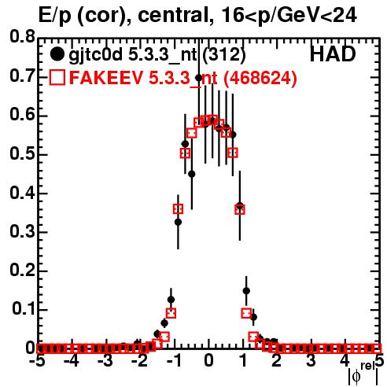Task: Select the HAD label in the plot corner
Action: tap(333, 54)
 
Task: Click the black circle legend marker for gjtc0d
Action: tap(57, 54)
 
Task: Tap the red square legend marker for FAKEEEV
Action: tap(57, 77)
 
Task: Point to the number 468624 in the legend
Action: tap(260, 78)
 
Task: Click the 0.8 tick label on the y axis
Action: tap(23, 37)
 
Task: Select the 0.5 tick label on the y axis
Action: tap(23, 154)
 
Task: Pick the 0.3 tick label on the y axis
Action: tap(23, 232)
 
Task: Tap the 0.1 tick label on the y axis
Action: tap(24, 309)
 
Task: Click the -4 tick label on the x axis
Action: tap(72, 361)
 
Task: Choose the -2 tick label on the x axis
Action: tap(140, 361)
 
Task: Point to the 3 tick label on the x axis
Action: tap(311, 361)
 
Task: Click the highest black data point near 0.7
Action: tap(199, 78)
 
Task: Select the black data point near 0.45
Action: tap(192, 174)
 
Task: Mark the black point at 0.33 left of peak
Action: tap(178, 222)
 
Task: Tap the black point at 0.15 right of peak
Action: tap(246, 291)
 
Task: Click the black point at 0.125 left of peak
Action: tap(171, 300)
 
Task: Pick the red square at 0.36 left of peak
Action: tap(178, 209)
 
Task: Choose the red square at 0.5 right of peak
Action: tap(233, 153)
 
